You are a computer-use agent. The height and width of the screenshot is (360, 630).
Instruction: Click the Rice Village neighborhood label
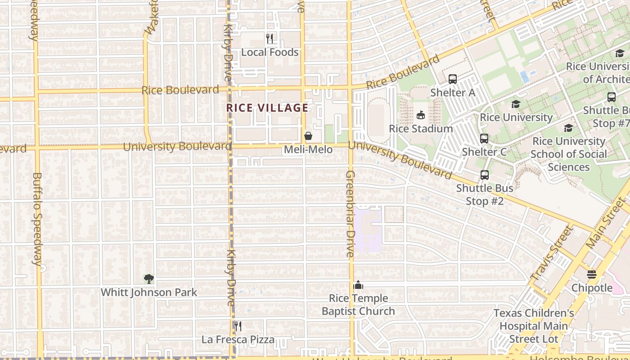tap(267, 108)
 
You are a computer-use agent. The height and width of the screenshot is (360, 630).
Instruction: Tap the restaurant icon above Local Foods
tap(270, 39)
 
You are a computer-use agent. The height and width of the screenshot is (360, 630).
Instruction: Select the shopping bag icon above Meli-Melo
tap(308, 135)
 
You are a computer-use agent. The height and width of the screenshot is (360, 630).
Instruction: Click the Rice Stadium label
tap(421, 129)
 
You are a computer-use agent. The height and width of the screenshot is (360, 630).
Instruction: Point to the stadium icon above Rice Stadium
tap(421, 115)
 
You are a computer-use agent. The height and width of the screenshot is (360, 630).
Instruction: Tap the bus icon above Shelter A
tap(453, 79)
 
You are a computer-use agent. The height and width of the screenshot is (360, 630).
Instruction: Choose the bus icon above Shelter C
tap(484, 139)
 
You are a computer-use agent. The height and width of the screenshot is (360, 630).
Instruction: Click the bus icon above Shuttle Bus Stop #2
tap(484, 175)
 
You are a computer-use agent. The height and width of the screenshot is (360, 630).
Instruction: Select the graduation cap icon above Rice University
tap(516, 104)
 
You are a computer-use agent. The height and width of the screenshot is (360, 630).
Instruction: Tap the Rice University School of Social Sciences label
tap(568, 154)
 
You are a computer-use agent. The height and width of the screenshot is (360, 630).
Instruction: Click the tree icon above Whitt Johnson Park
tap(148, 279)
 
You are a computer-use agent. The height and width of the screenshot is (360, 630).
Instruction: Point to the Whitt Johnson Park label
tap(148, 292)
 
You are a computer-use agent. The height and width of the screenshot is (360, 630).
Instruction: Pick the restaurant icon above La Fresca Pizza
tap(238, 326)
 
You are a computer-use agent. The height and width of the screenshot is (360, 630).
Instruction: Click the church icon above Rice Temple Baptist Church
tap(358, 285)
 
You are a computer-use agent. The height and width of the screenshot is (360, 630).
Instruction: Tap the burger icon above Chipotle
tap(592, 274)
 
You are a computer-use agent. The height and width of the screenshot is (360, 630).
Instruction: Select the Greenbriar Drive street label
tap(351, 214)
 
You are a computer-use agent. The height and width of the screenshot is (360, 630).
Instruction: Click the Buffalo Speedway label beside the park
tap(37, 219)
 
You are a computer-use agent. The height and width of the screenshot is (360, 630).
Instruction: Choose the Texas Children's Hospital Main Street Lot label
tap(534, 326)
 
